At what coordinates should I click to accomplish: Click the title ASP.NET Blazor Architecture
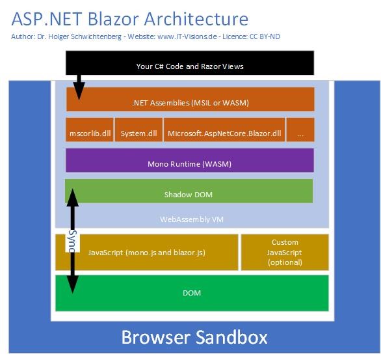tap(129, 18)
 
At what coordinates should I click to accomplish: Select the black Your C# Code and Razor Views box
tap(190, 66)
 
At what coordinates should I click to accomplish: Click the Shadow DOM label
tap(189, 194)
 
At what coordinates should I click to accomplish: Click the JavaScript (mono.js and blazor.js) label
tap(146, 252)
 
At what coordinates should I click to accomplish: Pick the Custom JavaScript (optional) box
tap(285, 252)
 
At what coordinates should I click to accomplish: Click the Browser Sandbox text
tap(194, 338)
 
